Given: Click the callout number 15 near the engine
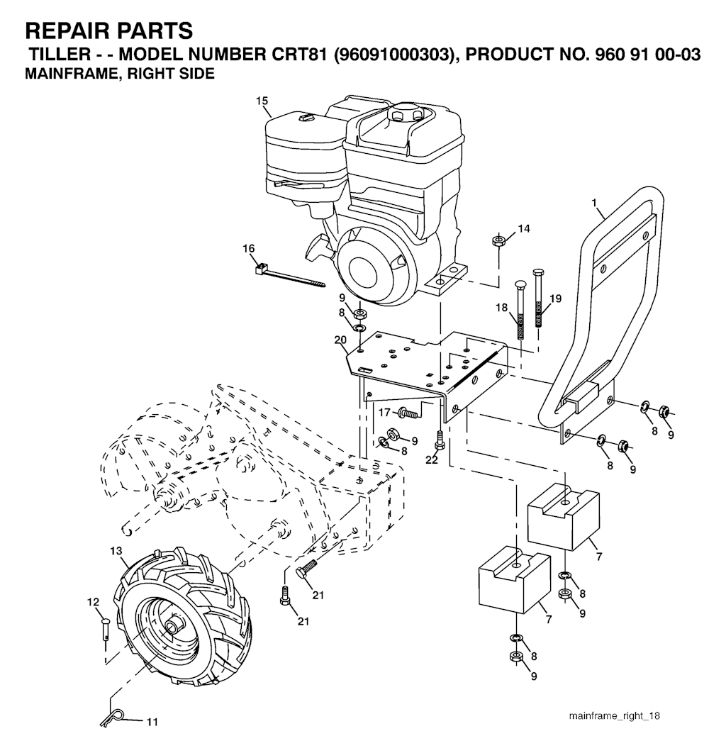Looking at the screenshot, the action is click(262, 101).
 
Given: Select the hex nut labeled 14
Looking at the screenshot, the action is click(498, 240).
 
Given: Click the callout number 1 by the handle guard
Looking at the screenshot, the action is click(594, 203).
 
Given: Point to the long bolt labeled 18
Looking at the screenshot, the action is click(520, 310).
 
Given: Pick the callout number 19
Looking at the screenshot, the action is click(555, 299).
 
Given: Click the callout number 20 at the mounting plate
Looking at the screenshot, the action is click(340, 340).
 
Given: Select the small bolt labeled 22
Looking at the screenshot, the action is click(438, 439).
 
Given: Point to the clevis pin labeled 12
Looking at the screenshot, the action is click(106, 629).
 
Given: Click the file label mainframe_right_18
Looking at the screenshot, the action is click(614, 715).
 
